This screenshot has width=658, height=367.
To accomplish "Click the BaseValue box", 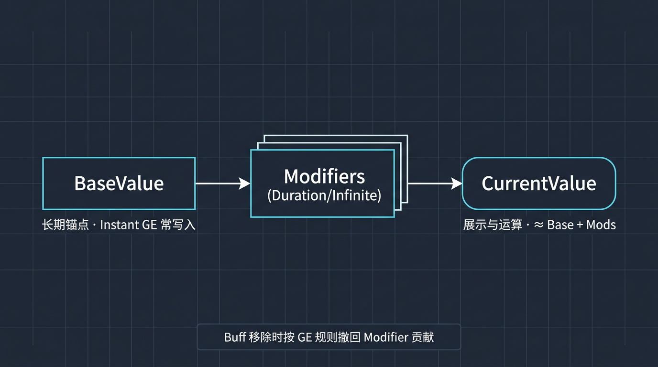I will pyautogui.click(x=119, y=183).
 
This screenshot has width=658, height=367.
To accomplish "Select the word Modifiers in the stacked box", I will pyautogui.click(x=324, y=176).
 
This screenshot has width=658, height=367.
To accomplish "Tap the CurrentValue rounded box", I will pyautogui.click(x=538, y=183).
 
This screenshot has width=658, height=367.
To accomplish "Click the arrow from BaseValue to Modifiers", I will pyautogui.click(x=222, y=183).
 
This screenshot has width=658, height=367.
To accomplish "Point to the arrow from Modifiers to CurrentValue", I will pyautogui.click(x=435, y=183).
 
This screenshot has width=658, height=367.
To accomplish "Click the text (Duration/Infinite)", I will pyautogui.click(x=324, y=196).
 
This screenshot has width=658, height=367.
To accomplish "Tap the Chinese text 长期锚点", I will pyautogui.click(x=66, y=225).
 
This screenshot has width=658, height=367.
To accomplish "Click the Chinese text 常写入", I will pyautogui.click(x=178, y=225).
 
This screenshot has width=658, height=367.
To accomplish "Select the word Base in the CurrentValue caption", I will pyautogui.click(x=560, y=225).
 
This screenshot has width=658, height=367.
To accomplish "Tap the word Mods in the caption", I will pyautogui.click(x=601, y=225).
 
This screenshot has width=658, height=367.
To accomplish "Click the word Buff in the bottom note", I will pyautogui.click(x=235, y=337).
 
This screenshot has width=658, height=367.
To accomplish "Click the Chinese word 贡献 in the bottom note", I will pyautogui.click(x=424, y=337).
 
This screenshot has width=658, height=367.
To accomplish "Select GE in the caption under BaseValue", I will pyautogui.click(x=150, y=225).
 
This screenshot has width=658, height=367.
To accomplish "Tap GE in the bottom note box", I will pyautogui.click(x=305, y=337).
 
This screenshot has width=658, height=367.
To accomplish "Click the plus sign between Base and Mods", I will pyautogui.click(x=580, y=225).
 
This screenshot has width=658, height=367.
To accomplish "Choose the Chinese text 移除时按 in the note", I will pyautogui.click(x=271, y=337).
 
